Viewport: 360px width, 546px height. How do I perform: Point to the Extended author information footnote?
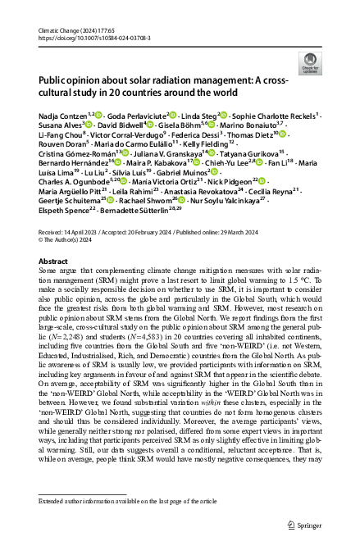[124, 500]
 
